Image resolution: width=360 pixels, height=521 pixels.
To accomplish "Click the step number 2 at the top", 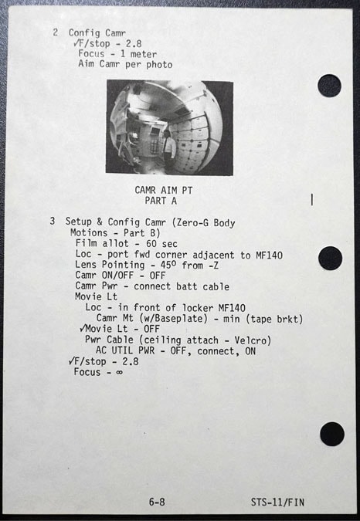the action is pyautogui.click(x=55, y=32).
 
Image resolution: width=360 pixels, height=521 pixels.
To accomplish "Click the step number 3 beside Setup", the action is pyautogui.click(x=53, y=221).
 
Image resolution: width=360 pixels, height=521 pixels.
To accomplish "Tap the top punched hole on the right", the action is pyautogui.click(x=329, y=86).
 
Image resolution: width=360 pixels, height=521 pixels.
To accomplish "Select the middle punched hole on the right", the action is pyautogui.click(x=330, y=258).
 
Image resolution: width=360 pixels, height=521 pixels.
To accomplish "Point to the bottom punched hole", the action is pyautogui.click(x=332, y=434).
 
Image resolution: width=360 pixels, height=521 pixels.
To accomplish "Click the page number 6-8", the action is pyautogui.click(x=157, y=502).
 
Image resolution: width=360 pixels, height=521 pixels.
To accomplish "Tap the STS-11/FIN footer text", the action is pyautogui.click(x=277, y=502).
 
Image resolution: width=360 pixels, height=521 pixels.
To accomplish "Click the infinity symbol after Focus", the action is pyautogui.click(x=119, y=372).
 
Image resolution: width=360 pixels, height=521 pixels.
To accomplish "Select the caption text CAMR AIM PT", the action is pyautogui.click(x=164, y=190).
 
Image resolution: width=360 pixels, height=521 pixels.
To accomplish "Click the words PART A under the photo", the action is pyautogui.click(x=161, y=201).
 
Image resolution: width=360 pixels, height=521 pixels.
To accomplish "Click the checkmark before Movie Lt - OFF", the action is pyautogui.click(x=83, y=328).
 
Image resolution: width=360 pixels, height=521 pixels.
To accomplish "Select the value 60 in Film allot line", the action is pyautogui.click(x=151, y=244).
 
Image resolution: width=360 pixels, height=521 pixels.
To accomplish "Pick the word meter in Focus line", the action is pyautogui.click(x=143, y=54).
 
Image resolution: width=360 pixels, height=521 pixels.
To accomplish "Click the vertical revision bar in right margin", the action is pyautogui.click(x=312, y=199).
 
